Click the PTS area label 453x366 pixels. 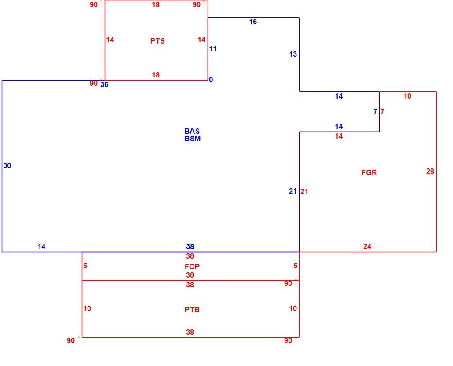pyautogui.click(x=157, y=41)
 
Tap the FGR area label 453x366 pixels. pyautogui.click(x=369, y=172)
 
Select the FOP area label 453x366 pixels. pyautogui.click(x=192, y=266)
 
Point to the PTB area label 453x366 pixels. pyautogui.click(x=192, y=310)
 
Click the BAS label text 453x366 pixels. pyautogui.click(x=192, y=131)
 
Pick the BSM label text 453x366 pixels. pyautogui.click(x=192, y=139)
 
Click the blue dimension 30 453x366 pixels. pyautogui.click(x=7, y=165)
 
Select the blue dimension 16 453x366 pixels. pyautogui.click(x=253, y=22)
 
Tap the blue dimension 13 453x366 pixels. pyautogui.click(x=293, y=54)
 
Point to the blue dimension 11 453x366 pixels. pyautogui.click(x=213, y=48)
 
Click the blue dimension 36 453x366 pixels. pyautogui.click(x=104, y=84)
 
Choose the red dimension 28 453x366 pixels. pyautogui.click(x=430, y=171)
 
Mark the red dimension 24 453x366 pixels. pyautogui.click(x=367, y=246)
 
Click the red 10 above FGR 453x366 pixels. pyautogui.click(x=407, y=96)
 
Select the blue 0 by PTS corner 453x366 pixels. pyautogui.click(x=211, y=80)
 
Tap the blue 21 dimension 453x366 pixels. pyautogui.click(x=293, y=191)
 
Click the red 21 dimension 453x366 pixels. pyautogui.click(x=304, y=191)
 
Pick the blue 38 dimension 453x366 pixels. pyautogui.click(x=190, y=246)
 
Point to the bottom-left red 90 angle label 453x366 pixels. pyautogui.click(x=71, y=340)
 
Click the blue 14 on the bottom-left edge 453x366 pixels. pyautogui.click(x=42, y=246)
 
